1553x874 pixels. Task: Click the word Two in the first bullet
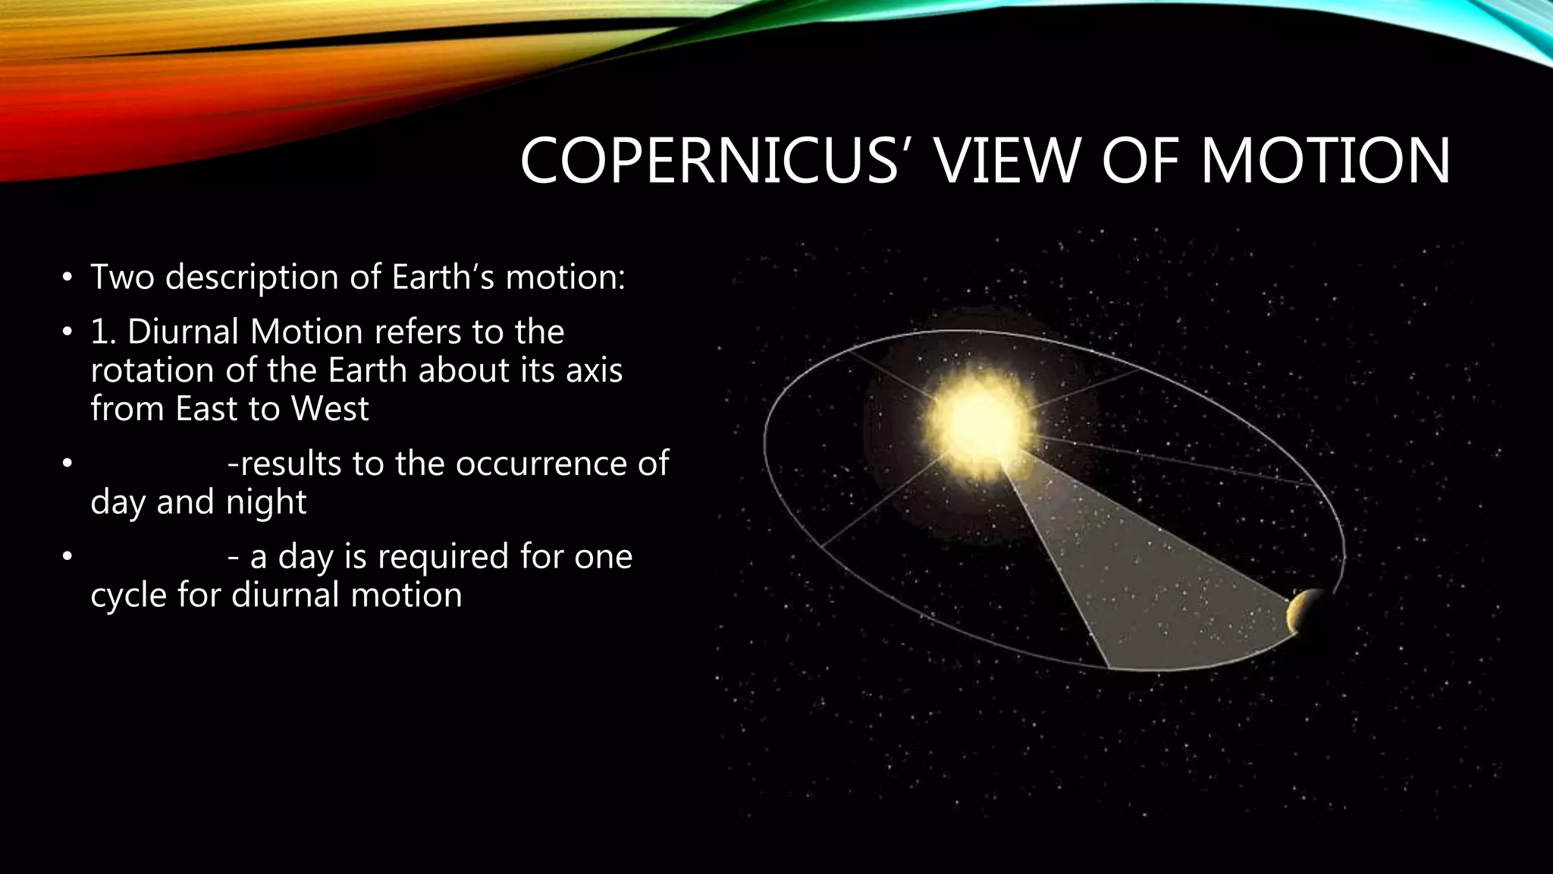[122, 277]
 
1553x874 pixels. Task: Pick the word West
[330, 410]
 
